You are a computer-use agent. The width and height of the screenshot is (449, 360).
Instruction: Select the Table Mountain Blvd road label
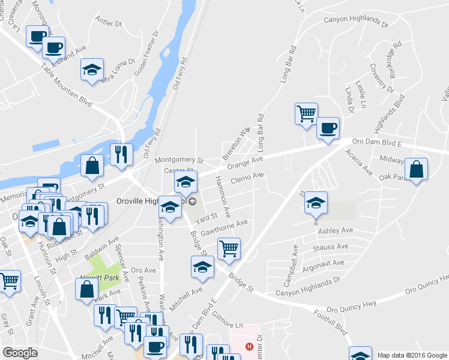[67, 84]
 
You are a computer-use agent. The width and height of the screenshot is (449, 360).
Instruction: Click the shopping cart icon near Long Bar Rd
[306, 112]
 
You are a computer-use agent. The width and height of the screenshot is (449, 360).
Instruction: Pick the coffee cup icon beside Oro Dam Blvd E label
[328, 128]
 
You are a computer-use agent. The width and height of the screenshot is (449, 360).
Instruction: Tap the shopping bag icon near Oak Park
[416, 168]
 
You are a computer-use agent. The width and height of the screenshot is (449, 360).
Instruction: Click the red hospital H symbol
[249, 346]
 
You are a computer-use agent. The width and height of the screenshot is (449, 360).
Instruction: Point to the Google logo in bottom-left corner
[20, 352]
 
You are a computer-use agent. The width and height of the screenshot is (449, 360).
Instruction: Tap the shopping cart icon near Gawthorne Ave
[228, 247]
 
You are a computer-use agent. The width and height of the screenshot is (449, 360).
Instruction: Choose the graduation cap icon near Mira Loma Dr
[92, 69]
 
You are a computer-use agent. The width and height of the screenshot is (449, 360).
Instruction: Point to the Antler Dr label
[109, 22]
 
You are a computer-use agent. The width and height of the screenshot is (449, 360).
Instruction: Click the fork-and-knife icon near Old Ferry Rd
[121, 154]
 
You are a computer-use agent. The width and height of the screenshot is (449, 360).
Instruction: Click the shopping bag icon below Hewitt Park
[86, 289]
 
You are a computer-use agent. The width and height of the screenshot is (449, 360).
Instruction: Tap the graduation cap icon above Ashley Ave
[315, 202]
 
